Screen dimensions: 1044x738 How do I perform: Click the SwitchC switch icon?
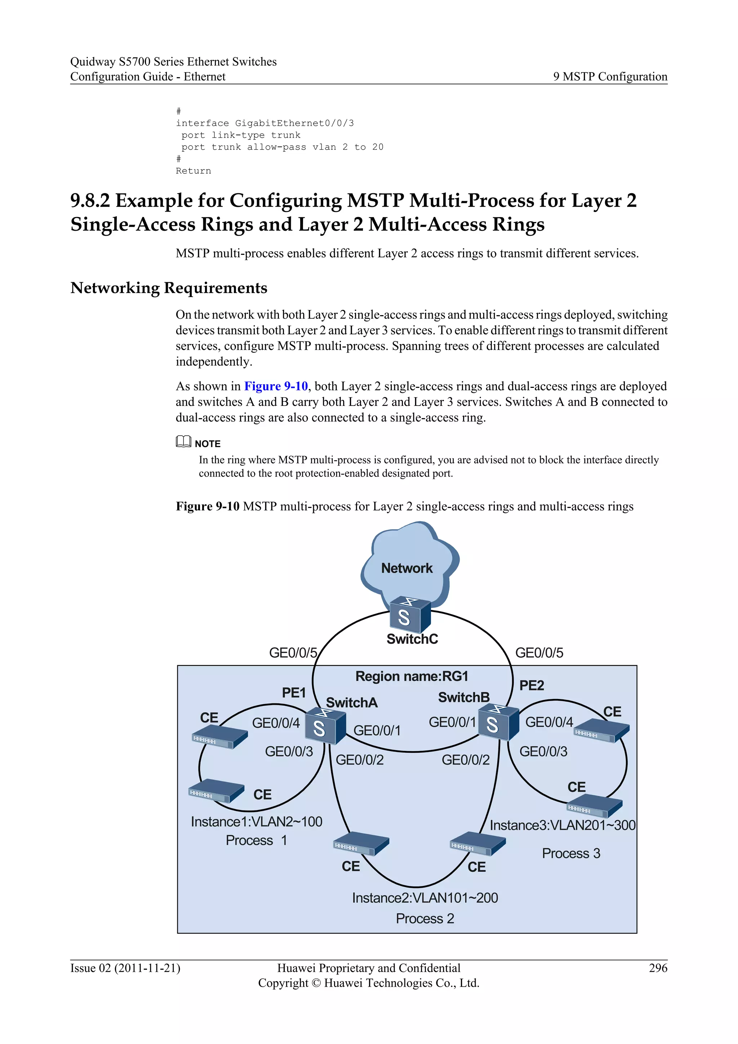click(x=410, y=615)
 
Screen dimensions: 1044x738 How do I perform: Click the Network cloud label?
click(x=407, y=569)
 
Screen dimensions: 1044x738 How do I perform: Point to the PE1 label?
click(x=294, y=693)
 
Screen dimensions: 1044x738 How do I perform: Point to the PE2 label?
click(x=532, y=685)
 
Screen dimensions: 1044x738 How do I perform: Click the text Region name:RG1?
click(x=412, y=677)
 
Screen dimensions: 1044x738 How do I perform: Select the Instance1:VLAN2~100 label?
click(x=256, y=822)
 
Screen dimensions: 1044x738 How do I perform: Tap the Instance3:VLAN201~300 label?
click(x=562, y=825)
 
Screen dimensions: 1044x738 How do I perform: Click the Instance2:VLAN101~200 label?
click(x=425, y=898)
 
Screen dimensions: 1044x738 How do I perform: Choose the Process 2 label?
click(x=425, y=919)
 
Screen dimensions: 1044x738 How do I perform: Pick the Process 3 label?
click(x=571, y=854)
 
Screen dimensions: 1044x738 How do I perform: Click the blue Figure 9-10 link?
click(x=276, y=386)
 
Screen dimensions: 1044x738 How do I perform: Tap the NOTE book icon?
click(x=183, y=442)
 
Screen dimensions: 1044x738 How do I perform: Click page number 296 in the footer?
click(x=658, y=968)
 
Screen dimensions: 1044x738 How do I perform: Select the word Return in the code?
click(x=194, y=171)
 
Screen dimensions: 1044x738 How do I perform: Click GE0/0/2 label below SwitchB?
click(x=465, y=760)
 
